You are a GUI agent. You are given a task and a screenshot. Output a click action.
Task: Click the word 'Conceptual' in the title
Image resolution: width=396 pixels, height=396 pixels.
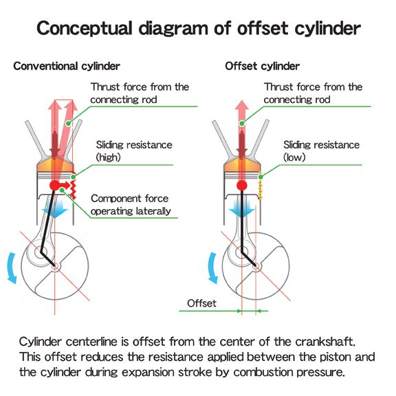coord(85,28)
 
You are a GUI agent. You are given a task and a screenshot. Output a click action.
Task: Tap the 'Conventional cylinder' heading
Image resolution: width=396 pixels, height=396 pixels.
coord(67,67)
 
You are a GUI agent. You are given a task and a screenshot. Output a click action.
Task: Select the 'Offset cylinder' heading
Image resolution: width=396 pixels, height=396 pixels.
coord(262,67)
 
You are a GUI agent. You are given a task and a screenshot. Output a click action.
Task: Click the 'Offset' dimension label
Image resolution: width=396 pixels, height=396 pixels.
coord(201,303)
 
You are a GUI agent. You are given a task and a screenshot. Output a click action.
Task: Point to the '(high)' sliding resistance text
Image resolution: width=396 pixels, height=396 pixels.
coord(109,157)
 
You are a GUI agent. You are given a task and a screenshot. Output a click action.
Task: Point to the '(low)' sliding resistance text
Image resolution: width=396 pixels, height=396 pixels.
coord(294,157)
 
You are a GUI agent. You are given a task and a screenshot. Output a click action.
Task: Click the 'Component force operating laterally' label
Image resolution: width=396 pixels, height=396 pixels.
coord(131,205)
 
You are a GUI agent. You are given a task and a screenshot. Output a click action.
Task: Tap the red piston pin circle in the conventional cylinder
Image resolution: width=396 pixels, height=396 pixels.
coord(54,186)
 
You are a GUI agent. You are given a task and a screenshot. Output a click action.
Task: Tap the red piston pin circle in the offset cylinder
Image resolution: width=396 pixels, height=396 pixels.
coord(242,186)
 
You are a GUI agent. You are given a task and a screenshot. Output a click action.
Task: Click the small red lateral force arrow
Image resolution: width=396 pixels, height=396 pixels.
coord(65,185)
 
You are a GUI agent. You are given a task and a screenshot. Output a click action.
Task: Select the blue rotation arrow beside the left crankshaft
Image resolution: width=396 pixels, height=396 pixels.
coord(12,268)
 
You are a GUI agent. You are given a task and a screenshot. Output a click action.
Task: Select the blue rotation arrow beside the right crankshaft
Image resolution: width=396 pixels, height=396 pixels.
coord(212,268)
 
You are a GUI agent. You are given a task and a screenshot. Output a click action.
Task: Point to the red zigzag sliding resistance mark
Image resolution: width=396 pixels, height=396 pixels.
coord(74,185)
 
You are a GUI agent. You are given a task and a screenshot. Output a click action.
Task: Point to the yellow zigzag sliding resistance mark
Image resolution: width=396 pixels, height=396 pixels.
coord(260,186)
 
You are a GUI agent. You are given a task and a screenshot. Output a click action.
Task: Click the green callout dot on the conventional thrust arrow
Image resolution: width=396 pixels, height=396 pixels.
coord(68,124)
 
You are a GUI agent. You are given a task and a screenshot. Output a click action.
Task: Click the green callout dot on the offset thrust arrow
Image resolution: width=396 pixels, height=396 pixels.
coord(242,124)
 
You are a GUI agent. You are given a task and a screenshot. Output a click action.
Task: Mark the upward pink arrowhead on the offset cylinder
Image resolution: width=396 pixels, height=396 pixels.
coord(242,105)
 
